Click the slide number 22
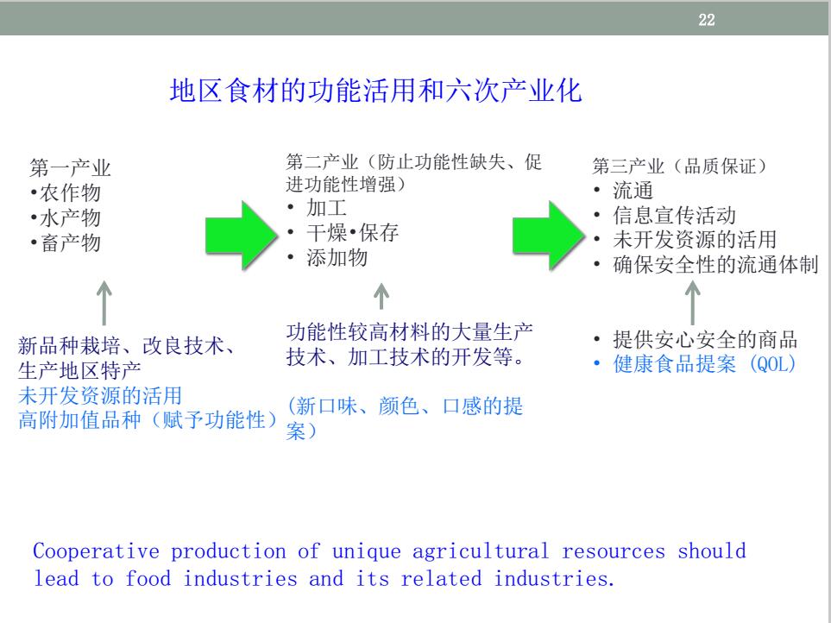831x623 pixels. (707, 20)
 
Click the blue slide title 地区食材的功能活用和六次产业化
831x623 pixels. (375, 91)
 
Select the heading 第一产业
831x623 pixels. (70, 168)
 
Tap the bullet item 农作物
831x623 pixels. (66, 192)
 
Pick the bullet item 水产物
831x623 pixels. (66, 217)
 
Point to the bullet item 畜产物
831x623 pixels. (66, 242)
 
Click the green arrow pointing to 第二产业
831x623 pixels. (242, 236)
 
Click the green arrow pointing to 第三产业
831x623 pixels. (549, 236)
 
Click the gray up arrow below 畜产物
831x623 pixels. (104, 303)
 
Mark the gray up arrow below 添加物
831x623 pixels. (381, 296)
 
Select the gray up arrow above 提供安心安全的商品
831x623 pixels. (692, 303)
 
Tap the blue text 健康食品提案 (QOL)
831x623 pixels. (705, 364)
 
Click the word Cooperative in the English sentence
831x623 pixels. (96, 551)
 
